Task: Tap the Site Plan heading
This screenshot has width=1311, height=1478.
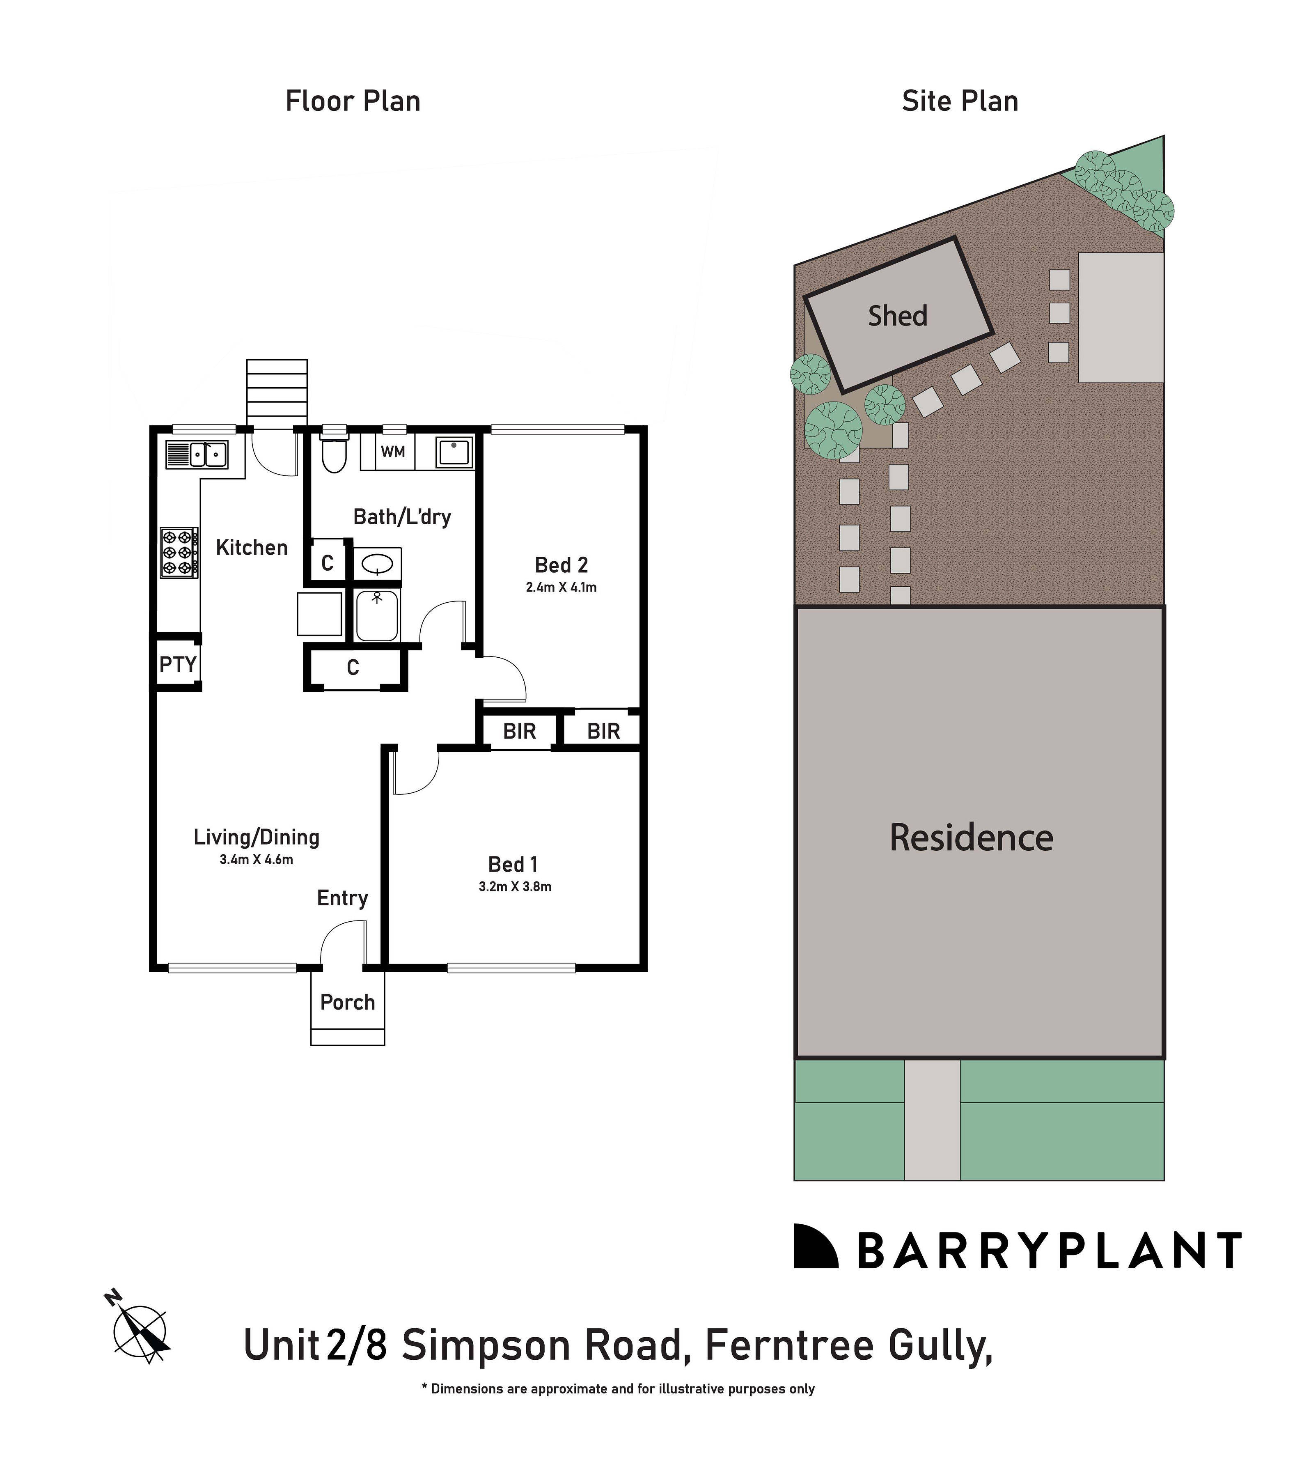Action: pyautogui.click(x=960, y=101)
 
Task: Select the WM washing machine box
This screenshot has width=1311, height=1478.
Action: pyautogui.click(x=393, y=452)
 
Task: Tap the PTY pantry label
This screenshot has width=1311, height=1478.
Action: pyautogui.click(x=177, y=664)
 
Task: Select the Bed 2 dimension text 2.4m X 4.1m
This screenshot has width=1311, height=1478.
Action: pyautogui.click(x=561, y=587)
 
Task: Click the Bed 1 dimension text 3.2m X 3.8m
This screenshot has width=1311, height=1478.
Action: pyautogui.click(x=515, y=886)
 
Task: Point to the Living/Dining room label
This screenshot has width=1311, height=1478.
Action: pyautogui.click(x=256, y=838)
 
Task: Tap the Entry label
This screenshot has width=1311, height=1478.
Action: pyautogui.click(x=342, y=898)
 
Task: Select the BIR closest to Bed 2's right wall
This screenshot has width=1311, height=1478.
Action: pyautogui.click(x=603, y=732)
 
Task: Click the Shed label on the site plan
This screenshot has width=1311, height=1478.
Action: pyautogui.click(x=897, y=316)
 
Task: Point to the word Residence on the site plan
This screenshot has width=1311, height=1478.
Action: pyautogui.click(x=971, y=838)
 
